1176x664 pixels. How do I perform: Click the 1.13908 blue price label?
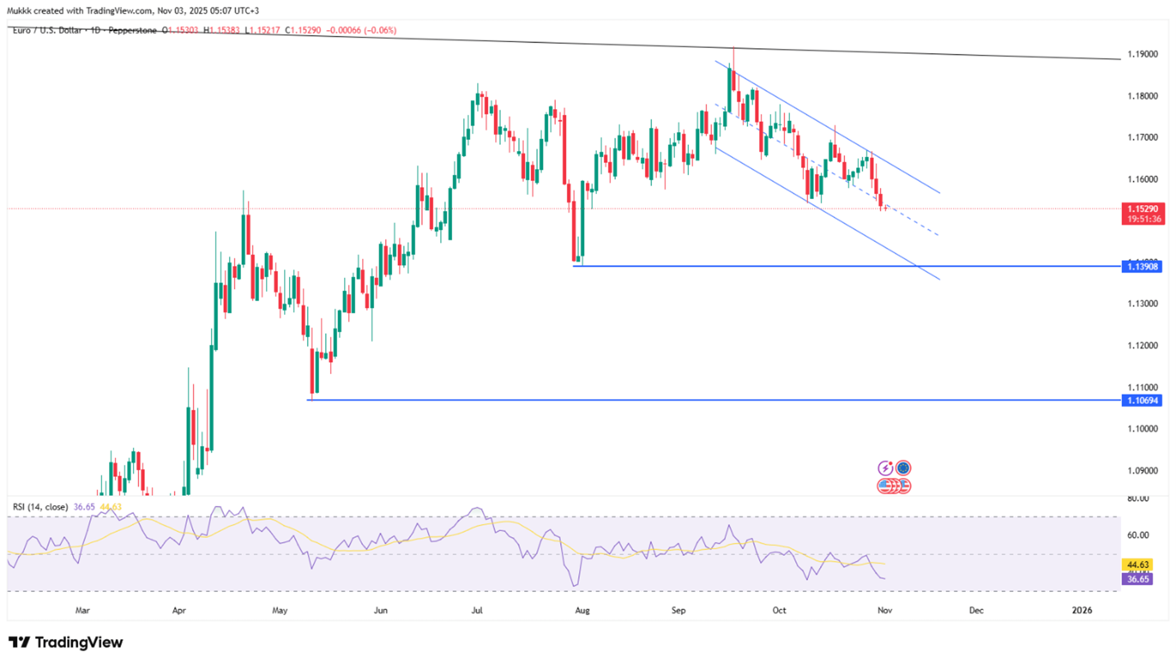point(1142,266)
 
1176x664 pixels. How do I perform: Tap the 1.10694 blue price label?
point(1142,401)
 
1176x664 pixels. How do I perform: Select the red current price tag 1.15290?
point(1142,209)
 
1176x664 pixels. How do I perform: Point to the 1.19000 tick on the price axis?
point(1142,54)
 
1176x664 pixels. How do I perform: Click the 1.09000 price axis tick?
point(1142,470)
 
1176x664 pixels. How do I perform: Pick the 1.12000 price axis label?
point(1142,345)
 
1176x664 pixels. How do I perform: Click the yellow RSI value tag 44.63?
point(1137,564)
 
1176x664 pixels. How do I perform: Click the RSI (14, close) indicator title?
point(40,507)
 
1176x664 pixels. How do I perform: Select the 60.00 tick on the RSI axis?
point(1138,535)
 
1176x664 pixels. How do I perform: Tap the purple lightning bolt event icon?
point(885,468)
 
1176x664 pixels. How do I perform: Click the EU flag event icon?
point(903,468)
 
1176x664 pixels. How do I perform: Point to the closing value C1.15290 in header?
point(303,31)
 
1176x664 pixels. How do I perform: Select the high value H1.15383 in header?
point(221,31)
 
